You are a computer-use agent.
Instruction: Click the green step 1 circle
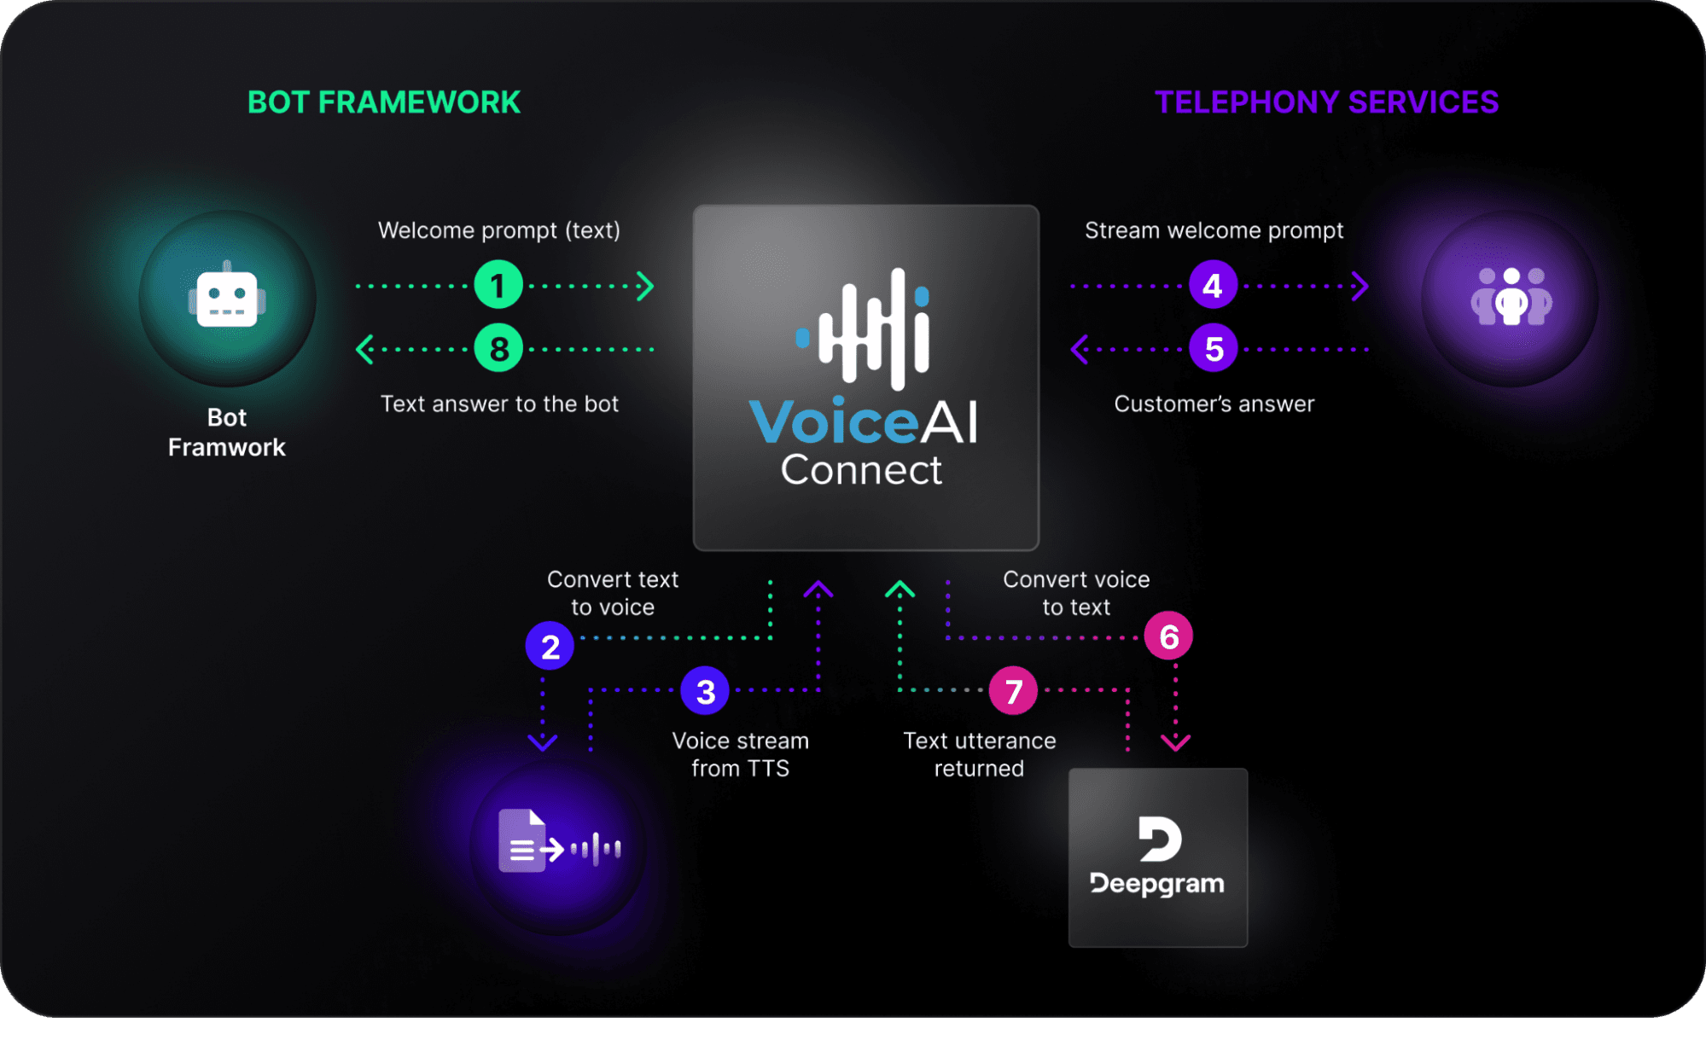pos(498,285)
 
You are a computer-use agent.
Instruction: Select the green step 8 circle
pos(498,348)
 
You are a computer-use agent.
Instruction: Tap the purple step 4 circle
pos(1214,285)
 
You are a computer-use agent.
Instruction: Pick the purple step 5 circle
pos(1214,348)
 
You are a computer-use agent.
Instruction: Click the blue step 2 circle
pos(550,646)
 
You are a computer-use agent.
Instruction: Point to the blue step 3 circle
pos(705,691)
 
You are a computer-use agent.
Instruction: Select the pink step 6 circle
pos(1168,636)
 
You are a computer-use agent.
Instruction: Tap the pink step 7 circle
pos(1013,691)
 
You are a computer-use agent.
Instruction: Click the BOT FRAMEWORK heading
pos(384,102)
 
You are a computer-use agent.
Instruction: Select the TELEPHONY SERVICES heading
pos(1326,102)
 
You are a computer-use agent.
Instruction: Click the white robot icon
pos(227,295)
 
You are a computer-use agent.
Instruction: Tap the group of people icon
pos(1511,296)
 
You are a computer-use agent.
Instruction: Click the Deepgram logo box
pos(1158,857)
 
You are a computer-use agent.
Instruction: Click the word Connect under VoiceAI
pos(861,470)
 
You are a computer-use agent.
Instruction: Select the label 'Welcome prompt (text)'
pos(499,230)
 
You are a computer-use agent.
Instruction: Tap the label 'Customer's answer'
pos(1214,404)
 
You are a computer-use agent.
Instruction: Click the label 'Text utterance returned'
pos(980,754)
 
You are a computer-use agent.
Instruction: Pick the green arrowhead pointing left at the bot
pos(364,349)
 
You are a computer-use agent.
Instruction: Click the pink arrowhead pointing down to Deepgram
pos(1175,742)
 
